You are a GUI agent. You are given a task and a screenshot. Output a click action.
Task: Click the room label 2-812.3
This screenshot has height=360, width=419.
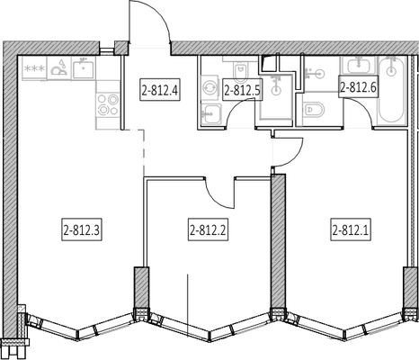tap(82, 229)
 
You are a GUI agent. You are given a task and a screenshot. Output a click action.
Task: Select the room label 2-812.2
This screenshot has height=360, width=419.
tap(208, 229)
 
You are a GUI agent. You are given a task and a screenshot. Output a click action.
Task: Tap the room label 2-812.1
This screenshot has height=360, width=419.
tap(351, 229)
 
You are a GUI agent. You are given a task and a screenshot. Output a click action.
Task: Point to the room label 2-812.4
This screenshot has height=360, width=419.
tap(160, 89)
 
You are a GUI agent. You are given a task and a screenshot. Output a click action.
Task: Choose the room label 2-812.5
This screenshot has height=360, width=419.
tap(243, 89)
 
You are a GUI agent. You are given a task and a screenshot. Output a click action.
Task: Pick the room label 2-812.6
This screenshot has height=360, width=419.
tap(359, 86)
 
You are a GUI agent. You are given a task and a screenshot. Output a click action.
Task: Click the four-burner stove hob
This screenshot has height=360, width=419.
tap(108, 104)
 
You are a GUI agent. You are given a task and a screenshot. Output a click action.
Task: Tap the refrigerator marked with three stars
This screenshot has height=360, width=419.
tap(34, 68)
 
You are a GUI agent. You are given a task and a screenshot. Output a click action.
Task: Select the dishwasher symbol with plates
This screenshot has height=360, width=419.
tap(59, 68)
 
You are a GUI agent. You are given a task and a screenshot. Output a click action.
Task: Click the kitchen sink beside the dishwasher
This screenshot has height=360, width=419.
tap(84, 68)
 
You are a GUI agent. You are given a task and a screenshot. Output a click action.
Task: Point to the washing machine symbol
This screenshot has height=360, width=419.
tap(209, 87)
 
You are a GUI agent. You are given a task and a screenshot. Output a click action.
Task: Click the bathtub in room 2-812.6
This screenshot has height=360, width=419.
tap(391, 89)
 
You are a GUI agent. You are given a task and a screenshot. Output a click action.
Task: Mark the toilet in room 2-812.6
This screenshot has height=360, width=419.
tap(314, 110)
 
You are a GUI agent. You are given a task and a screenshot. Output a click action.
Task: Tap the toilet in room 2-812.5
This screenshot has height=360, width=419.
tap(240, 71)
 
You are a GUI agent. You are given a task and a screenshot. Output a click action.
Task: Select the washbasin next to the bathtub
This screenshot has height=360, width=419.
tap(358, 65)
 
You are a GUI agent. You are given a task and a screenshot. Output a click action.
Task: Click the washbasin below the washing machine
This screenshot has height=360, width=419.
tap(211, 114)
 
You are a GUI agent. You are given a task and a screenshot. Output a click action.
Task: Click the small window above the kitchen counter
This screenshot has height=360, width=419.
tap(107, 50)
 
